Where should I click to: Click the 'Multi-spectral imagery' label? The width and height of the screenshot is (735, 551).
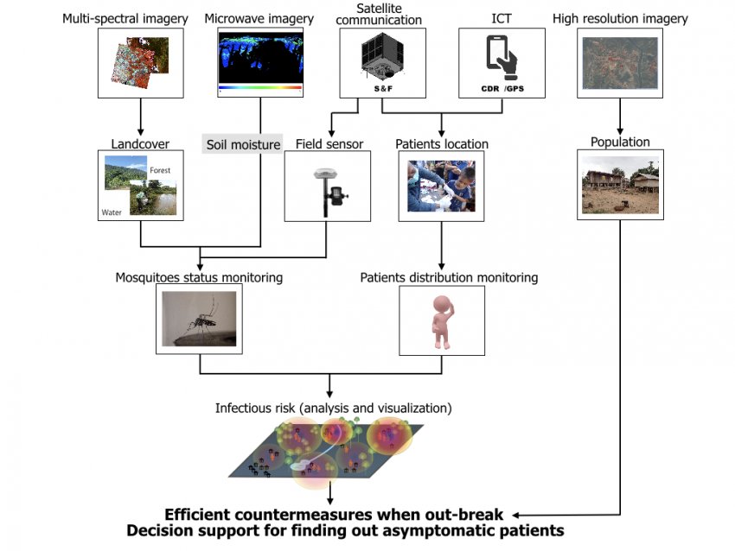[125, 19]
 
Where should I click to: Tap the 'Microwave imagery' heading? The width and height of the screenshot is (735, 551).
[259, 19]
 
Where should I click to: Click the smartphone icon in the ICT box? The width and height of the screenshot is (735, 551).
[502, 58]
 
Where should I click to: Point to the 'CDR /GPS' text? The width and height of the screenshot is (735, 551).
[502, 88]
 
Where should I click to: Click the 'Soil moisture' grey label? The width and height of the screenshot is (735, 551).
[243, 144]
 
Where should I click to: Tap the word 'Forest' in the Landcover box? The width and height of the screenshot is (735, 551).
[160, 170]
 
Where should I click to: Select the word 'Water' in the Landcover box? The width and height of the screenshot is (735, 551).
[112, 212]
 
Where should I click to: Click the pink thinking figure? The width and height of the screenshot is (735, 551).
[442, 321]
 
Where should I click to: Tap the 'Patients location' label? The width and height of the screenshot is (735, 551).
[442, 143]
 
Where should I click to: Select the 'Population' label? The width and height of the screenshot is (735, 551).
[620, 142]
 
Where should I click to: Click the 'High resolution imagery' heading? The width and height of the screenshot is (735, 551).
[620, 19]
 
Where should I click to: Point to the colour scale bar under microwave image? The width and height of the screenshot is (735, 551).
[260, 87]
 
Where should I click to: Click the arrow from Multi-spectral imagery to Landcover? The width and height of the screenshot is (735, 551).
[141, 117]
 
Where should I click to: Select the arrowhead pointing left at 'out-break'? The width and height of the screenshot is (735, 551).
[515, 515]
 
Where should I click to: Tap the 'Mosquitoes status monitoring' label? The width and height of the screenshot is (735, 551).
[199, 277]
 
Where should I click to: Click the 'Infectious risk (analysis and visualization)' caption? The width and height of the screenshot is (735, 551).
[333, 408]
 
